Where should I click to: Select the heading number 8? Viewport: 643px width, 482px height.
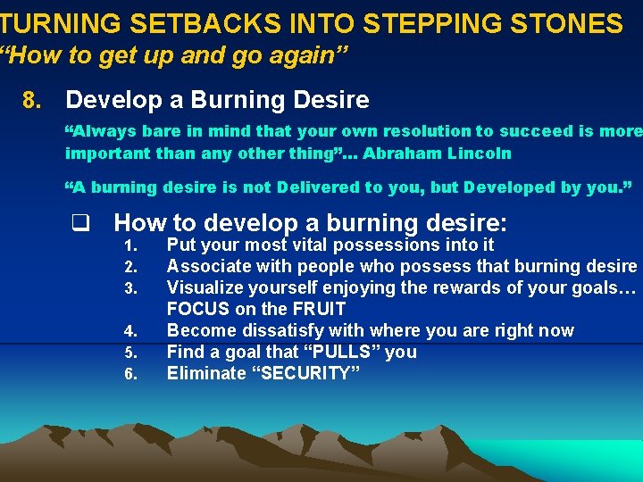[x=33, y=99]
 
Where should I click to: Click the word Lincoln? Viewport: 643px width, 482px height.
[x=480, y=153]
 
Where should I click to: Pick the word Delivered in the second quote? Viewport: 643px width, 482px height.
[x=318, y=187]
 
